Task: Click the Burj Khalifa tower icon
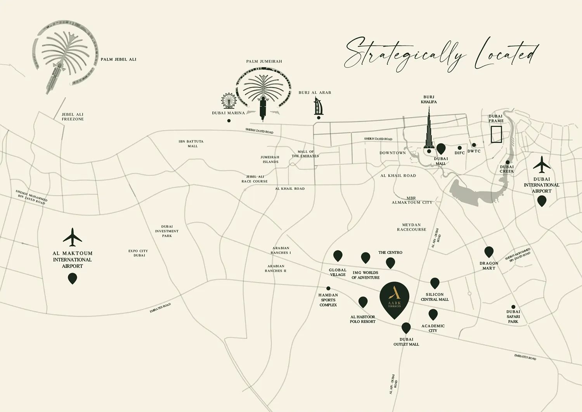pyautogui.click(x=429, y=128)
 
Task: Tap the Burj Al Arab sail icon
pyautogui.click(x=318, y=106)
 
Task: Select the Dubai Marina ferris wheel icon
pyautogui.click(x=229, y=101)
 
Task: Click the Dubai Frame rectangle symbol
pyautogui.click(x=496, y=134)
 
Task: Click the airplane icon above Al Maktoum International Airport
pyautogui.click(x=72, y=237)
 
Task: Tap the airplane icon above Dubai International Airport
pyautogui.click(x=542, y=165)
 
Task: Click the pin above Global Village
pyautogui.click(x=338, y=256)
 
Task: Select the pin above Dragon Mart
pyautogui.click(x=489, y=252)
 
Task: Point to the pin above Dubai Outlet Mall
pyautogui.click(x=406, y=328)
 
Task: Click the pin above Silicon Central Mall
pyautogui.click(x=435, y=283)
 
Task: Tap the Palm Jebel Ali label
pyautogui.click(x=118, y=59)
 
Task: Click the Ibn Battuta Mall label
pyautogui.click(x=191, y=144)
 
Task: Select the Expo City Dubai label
pyautogui.click(x=138, y=253)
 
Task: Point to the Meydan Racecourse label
pyautogui.click(x=411, y=227)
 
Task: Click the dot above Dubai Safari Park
pyautogui.click(x=513, y=307)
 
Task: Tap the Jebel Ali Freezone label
pyautogui.click(x=73, y=117)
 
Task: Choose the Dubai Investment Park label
pyautogui.click(x=167, y=231)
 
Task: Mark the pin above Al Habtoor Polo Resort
pyautogui.click(x=363, y=302)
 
